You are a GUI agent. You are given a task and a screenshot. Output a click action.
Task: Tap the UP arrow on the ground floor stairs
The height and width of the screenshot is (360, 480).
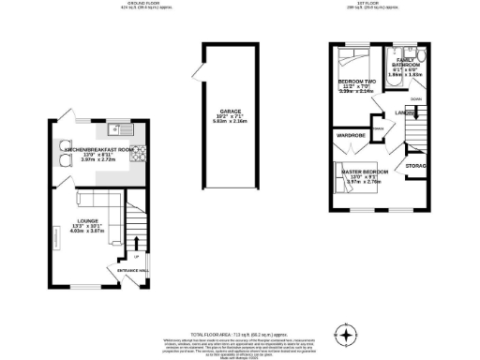coord(137,255)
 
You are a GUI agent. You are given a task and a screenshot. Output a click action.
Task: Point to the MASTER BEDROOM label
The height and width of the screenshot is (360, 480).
coord(363,172)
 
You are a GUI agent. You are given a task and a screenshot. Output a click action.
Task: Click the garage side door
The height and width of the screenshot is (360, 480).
coord(194,69)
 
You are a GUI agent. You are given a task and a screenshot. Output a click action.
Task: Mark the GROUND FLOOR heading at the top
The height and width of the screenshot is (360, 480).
coord(139,4)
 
